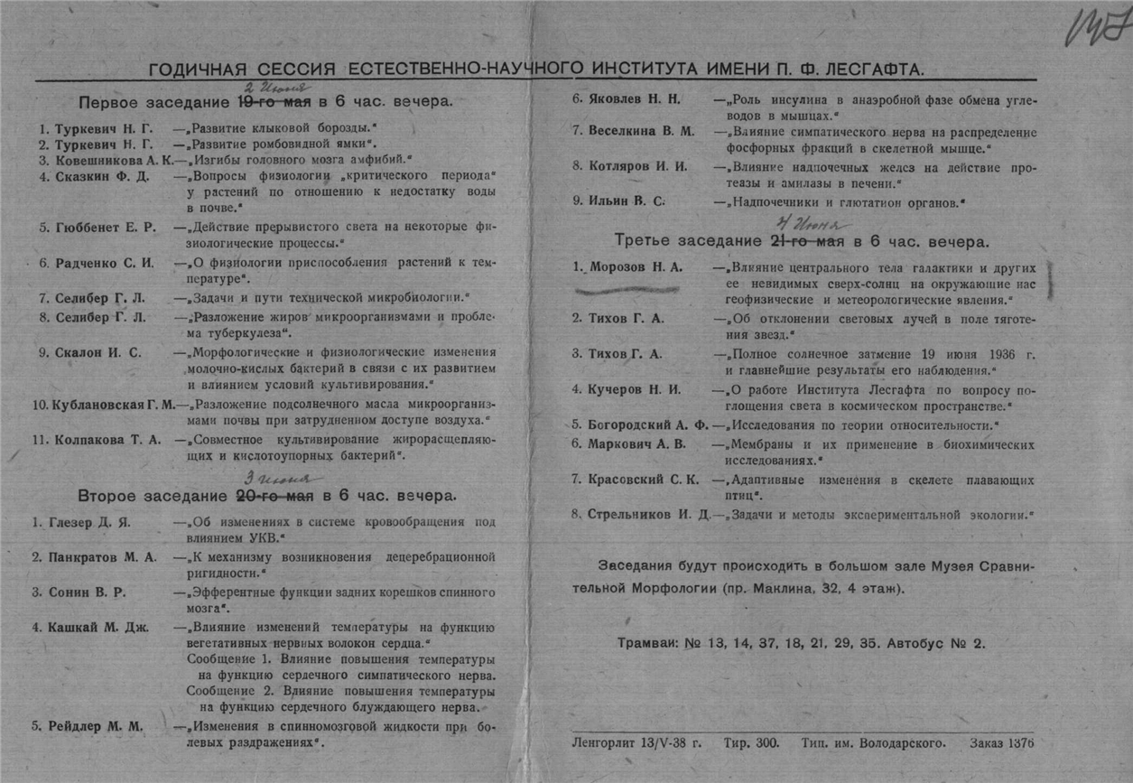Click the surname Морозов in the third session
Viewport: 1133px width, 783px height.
pos(619,268)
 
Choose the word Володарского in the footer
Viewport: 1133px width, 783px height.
pos(906,744)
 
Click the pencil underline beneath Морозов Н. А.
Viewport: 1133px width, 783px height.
pos(630,289)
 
